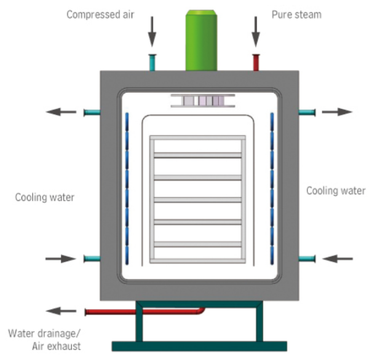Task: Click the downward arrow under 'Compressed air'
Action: click(x=151, y=33)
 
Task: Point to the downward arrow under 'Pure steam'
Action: click(x=255, y=33)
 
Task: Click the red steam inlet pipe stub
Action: click(x=256, y=62)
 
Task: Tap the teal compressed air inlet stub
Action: click(x=152, y=62)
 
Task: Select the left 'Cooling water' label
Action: click(x=44, y=197)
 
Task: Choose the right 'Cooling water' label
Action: click(x=336, y=191)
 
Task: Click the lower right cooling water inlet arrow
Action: click(x=338, y=259)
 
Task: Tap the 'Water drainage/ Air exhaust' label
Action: click(x=44, y=340)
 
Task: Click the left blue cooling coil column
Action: click(x=127, y=190)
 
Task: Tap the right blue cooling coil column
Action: click(x=271, y=190)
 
